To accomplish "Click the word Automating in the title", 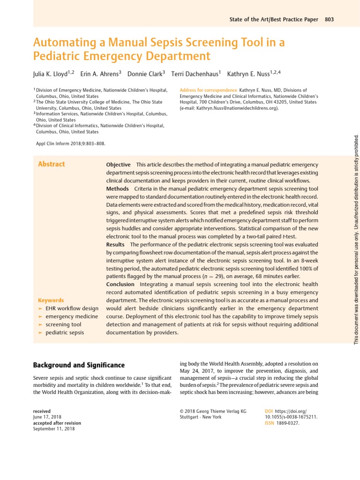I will [62, 43].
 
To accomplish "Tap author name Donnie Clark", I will [142, 74].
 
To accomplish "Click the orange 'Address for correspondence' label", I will [208, 90].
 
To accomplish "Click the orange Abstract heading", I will [51, 164].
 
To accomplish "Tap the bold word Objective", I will [118, 165].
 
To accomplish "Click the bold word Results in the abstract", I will [115, 244].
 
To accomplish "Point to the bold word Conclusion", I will [120, 284].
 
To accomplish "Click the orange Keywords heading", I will [51, 300].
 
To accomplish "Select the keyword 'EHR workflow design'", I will [72, 308].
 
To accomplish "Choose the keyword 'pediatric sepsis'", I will [65, 332].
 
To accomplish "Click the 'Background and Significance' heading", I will [79, 365].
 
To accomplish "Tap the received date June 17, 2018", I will [47, 417].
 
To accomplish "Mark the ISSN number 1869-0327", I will [287, 423].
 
